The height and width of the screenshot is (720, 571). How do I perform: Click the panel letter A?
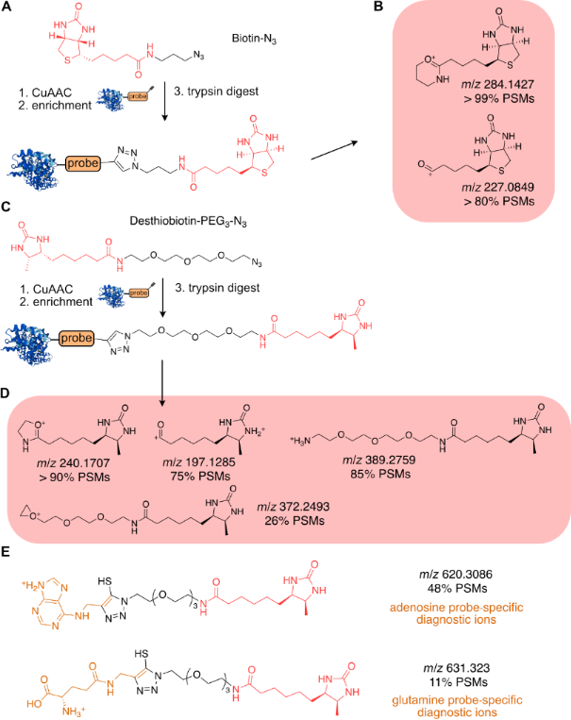[x=8, y=8]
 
